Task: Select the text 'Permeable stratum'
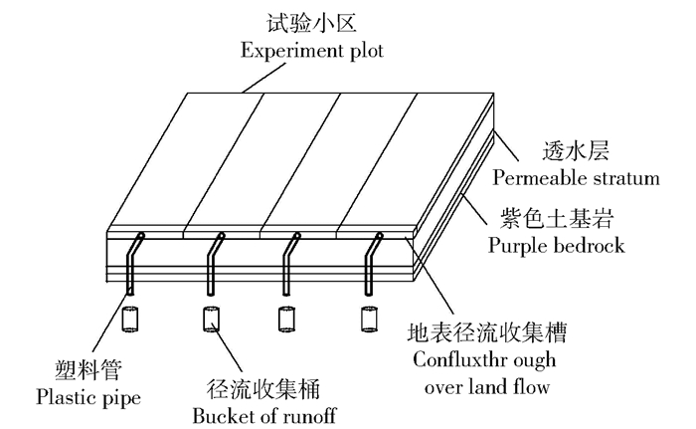[x=576, y=179]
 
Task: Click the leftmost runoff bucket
[x=129, y=321]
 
